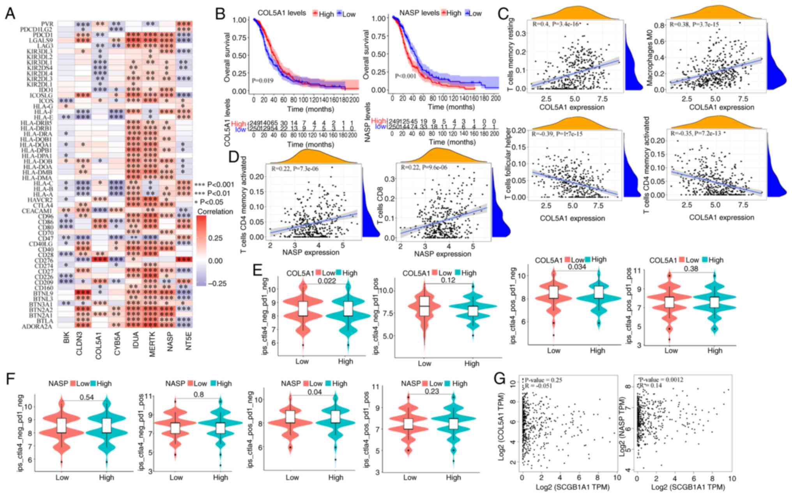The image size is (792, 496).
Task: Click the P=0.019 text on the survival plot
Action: tap(263, 81)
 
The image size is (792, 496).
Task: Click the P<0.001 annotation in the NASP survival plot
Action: tap(405, 76)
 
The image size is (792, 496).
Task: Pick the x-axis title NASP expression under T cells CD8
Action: tap(442, 254)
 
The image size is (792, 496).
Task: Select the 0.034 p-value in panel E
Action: tap(577, 267)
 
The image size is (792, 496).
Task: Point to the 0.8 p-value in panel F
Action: tap(199, 394)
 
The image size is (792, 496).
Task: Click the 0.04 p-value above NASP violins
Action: tap(315, 392)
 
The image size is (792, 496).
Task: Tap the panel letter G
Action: tap(500, 379)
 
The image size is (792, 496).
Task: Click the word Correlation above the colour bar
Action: tap(215, 212)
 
